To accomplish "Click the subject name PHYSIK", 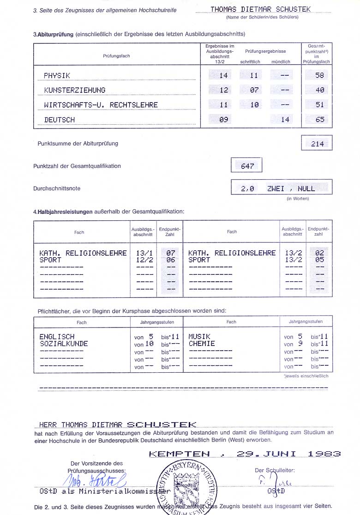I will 57,75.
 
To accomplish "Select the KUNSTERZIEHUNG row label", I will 74,90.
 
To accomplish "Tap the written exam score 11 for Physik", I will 254,75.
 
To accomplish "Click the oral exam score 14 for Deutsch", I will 285,120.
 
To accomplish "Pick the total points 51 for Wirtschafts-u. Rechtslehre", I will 319,105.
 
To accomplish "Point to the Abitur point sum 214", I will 317,144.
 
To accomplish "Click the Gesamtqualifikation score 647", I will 247,166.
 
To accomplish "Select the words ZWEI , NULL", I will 291,188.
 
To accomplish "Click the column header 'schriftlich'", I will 250,61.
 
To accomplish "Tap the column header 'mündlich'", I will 281,61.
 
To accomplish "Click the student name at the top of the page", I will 260,9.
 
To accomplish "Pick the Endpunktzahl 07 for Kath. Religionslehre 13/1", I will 171,253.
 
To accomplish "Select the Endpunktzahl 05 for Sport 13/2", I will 319,260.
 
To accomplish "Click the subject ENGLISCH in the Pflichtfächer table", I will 57,337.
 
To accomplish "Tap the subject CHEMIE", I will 202,344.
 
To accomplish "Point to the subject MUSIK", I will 199,337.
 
